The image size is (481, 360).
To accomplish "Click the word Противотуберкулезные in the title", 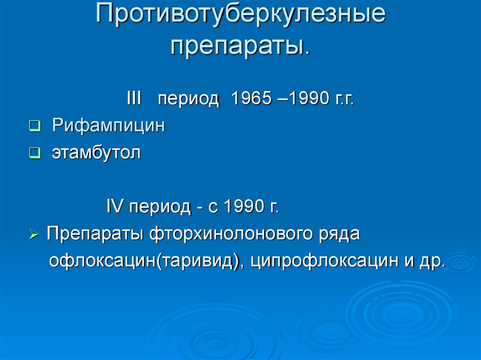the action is tap(240, 14).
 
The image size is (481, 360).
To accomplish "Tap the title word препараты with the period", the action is tap(240, 46).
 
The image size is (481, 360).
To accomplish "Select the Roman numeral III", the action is tap(134, 98).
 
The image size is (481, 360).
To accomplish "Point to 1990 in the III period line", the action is tap(309, 98).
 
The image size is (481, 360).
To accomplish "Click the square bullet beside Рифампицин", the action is tap(35, 126).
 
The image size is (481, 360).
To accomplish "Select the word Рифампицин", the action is tap(109, 125).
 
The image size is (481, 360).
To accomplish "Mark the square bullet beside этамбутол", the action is tap(35, 153).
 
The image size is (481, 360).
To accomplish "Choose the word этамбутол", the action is tap(96, 153).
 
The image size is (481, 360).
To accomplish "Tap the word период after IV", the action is tap(160, 207).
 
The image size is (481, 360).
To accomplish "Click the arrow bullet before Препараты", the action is tap(34, 235).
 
